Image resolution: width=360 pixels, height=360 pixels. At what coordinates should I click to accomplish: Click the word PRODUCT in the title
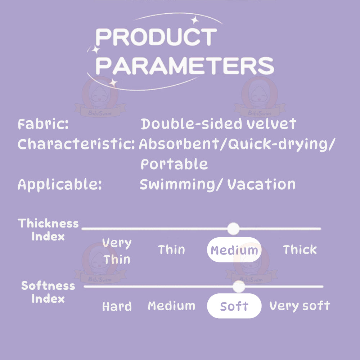pyautogui.click(x=156, y=37)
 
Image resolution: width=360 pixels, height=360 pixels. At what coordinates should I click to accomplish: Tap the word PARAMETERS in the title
pyautogui.click(x=185, y=66)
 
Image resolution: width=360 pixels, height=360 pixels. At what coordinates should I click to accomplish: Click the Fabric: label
pyautogui.click(x=43, y=124)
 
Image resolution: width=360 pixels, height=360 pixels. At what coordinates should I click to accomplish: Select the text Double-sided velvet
pyautogui.click(x=219, y=124)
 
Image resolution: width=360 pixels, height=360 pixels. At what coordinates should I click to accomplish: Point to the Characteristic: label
pyautogui.click(x=76, y=144)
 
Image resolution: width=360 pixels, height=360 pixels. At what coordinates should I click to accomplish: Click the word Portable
pyautogui.click(x=174, y=164)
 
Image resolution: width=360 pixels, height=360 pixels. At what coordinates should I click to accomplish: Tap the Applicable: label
pyautogui.click(x=60, y=185)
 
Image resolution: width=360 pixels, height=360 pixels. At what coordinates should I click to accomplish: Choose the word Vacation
pyautogui.click(x=261, y=184)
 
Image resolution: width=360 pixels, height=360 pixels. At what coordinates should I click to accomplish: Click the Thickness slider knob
pyautogui.click(x=233, y=229)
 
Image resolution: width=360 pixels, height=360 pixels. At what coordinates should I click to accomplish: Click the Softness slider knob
pyautogui.click(x=239, y=287)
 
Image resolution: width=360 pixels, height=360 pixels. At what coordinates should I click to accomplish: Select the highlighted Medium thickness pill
pyautogui.click(x=234, y=250)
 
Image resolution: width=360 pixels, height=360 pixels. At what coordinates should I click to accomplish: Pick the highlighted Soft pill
pyautogui.click(x=234, y=306)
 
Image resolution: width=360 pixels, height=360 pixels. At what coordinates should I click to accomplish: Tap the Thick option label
pyautogui.click(x=300, y=250)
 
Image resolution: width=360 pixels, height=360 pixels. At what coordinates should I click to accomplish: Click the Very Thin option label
pyautogui.click(x=117, y=251)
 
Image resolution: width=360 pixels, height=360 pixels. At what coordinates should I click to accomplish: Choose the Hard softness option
pyautogui.click(x=117, y=306)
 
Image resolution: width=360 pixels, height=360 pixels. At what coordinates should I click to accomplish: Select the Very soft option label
pyautogui.click(x=300, y=306)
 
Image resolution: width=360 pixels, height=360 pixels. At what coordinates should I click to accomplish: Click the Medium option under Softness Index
pyautogui.click(x=172, y=306)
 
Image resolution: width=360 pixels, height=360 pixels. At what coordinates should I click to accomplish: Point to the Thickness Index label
pyautogui.click(x=48, y=230)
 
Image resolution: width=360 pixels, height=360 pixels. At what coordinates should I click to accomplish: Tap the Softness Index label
pyautogui.click(x=48, y=292)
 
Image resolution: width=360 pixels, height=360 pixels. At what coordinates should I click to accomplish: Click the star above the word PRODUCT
pyautogui.click(x=195, y=20)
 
